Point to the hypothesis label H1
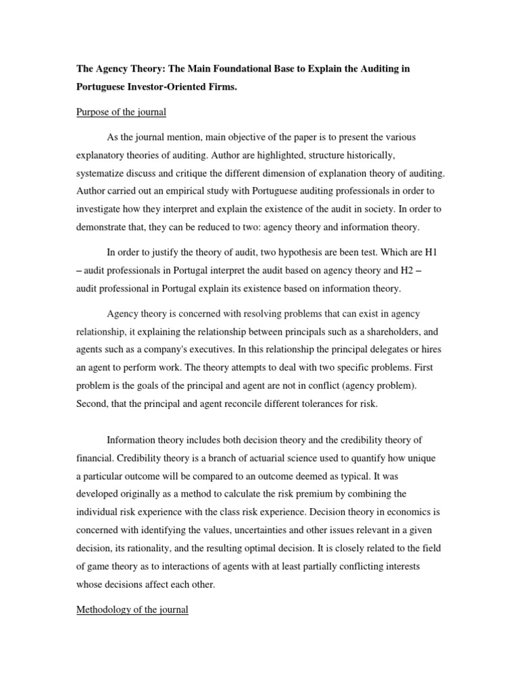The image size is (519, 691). click(433, 252)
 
